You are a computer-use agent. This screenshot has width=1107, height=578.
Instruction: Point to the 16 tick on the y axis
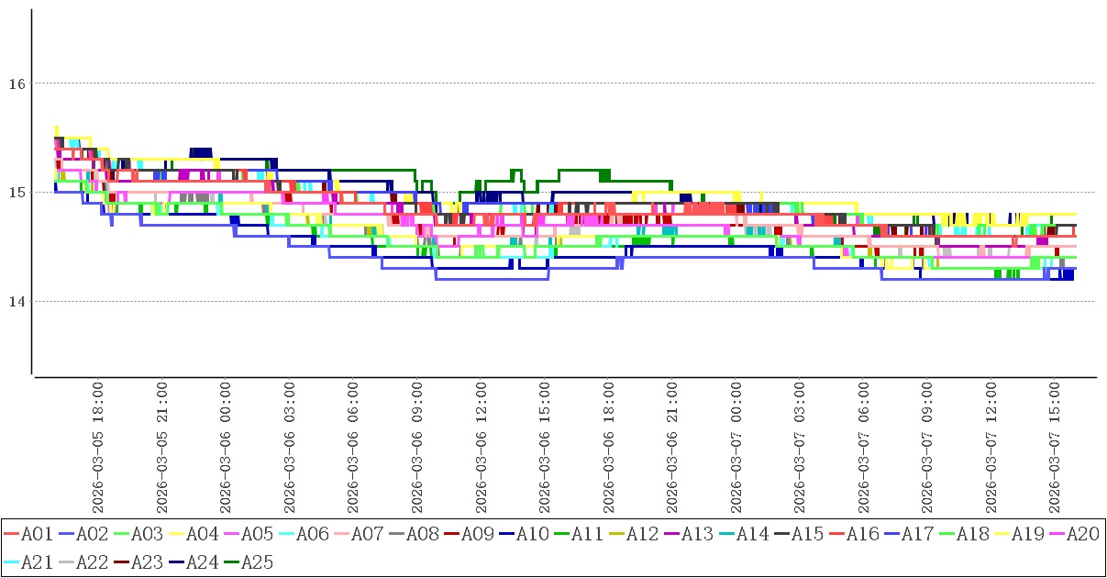point(16,83)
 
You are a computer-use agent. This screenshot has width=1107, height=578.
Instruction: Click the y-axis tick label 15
point(16,193)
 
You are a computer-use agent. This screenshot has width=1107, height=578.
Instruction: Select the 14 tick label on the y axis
point(16,302)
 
